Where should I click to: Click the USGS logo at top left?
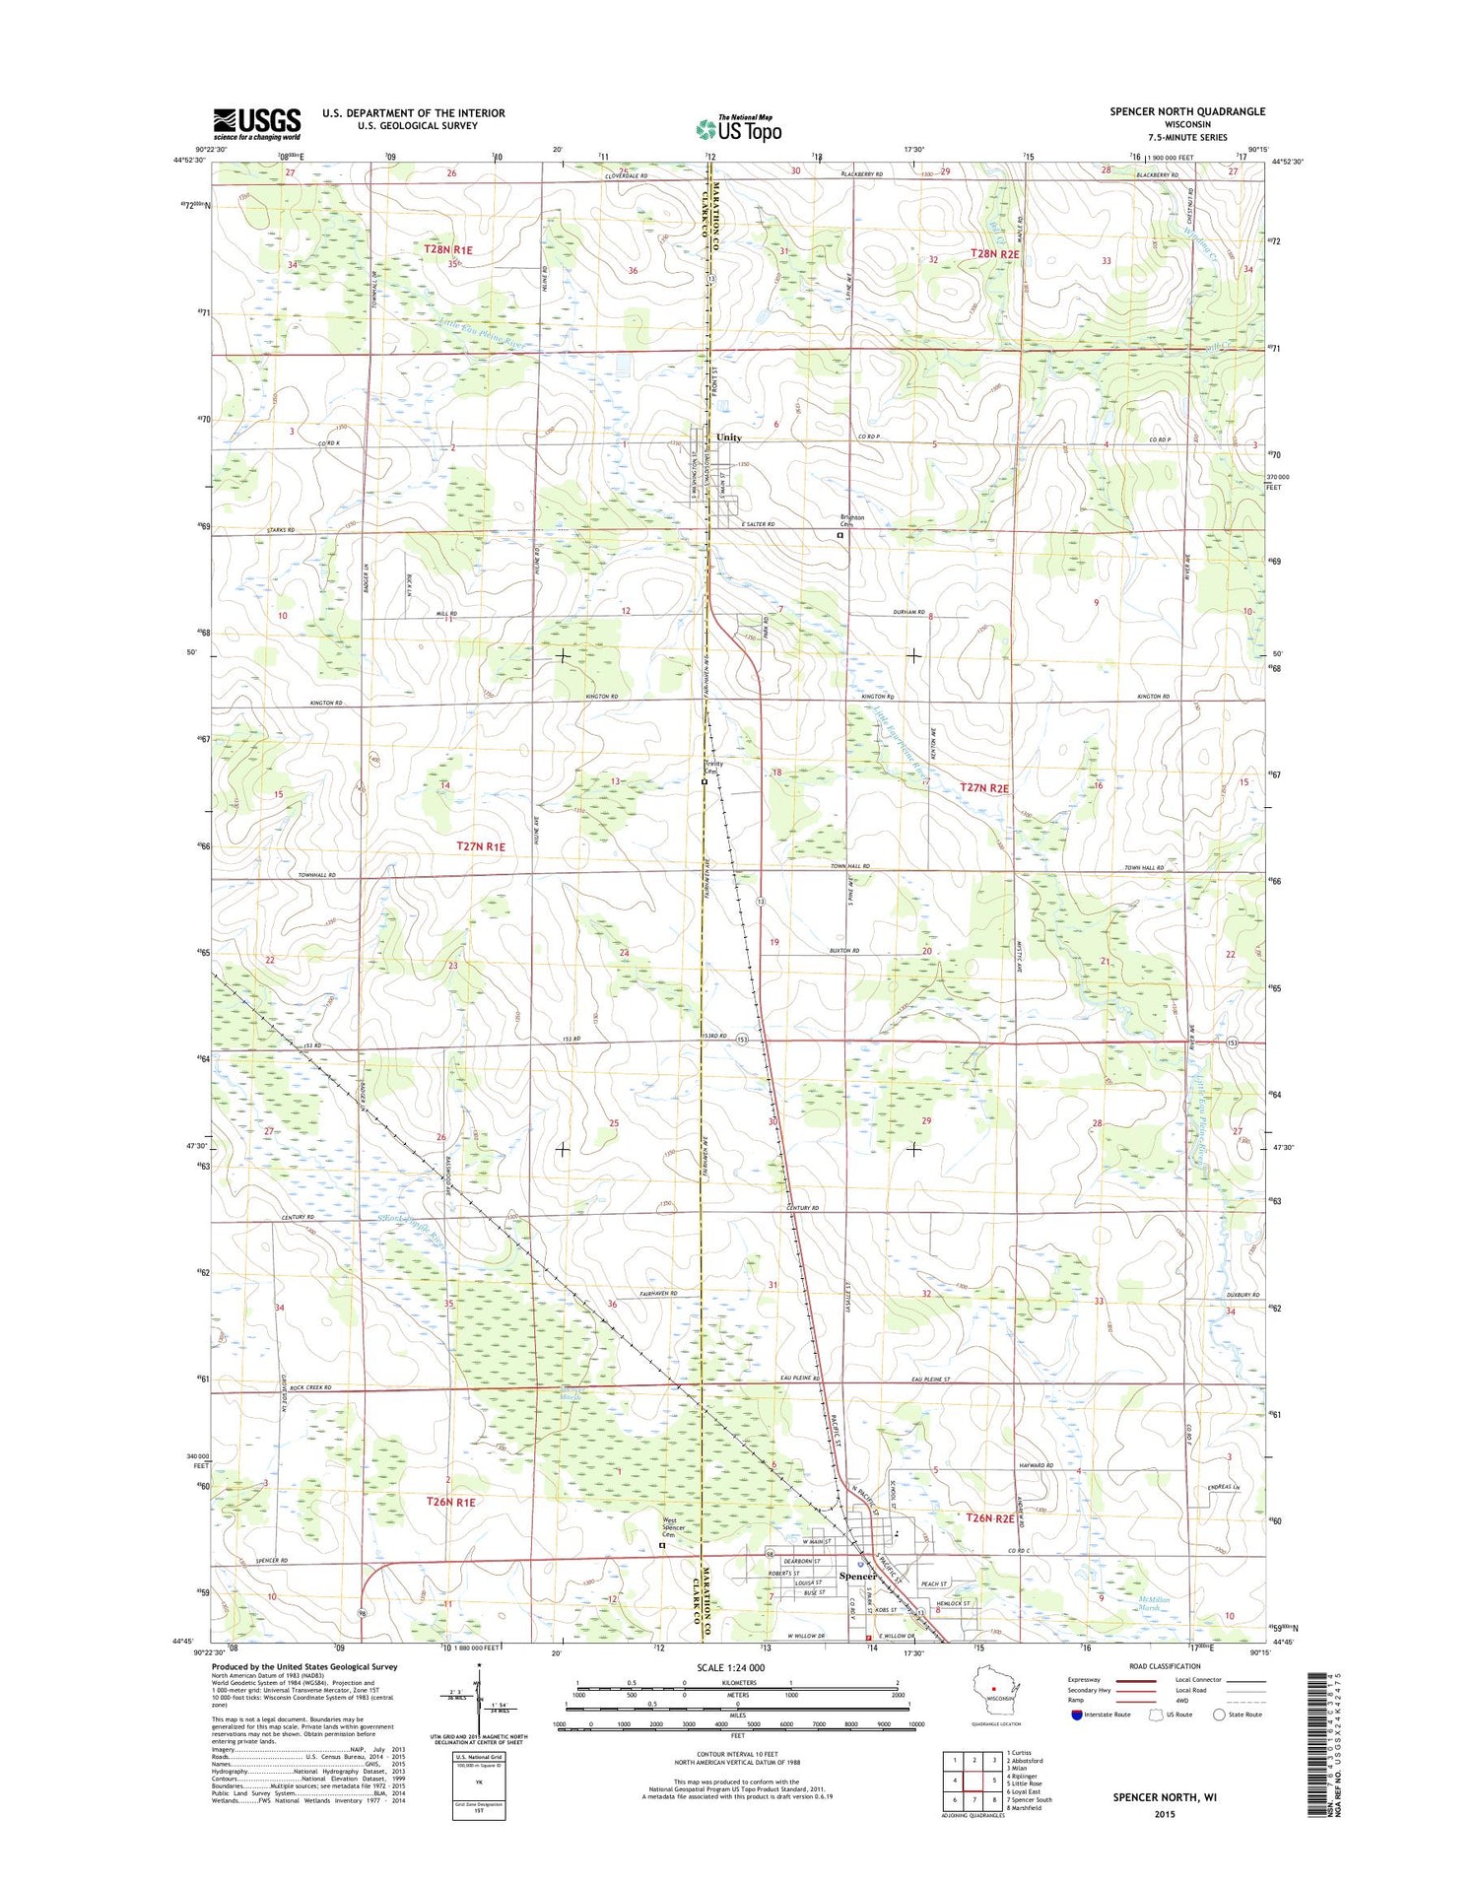coord(257,124)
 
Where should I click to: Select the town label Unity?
coord(728,437)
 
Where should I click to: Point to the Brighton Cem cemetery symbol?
coord(840,536)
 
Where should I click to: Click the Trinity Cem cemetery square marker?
coord(704,782)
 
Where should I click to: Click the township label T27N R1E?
coord(480,846)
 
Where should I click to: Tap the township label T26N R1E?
coord(450,1503)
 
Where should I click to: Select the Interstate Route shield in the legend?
coord(1076,1716)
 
